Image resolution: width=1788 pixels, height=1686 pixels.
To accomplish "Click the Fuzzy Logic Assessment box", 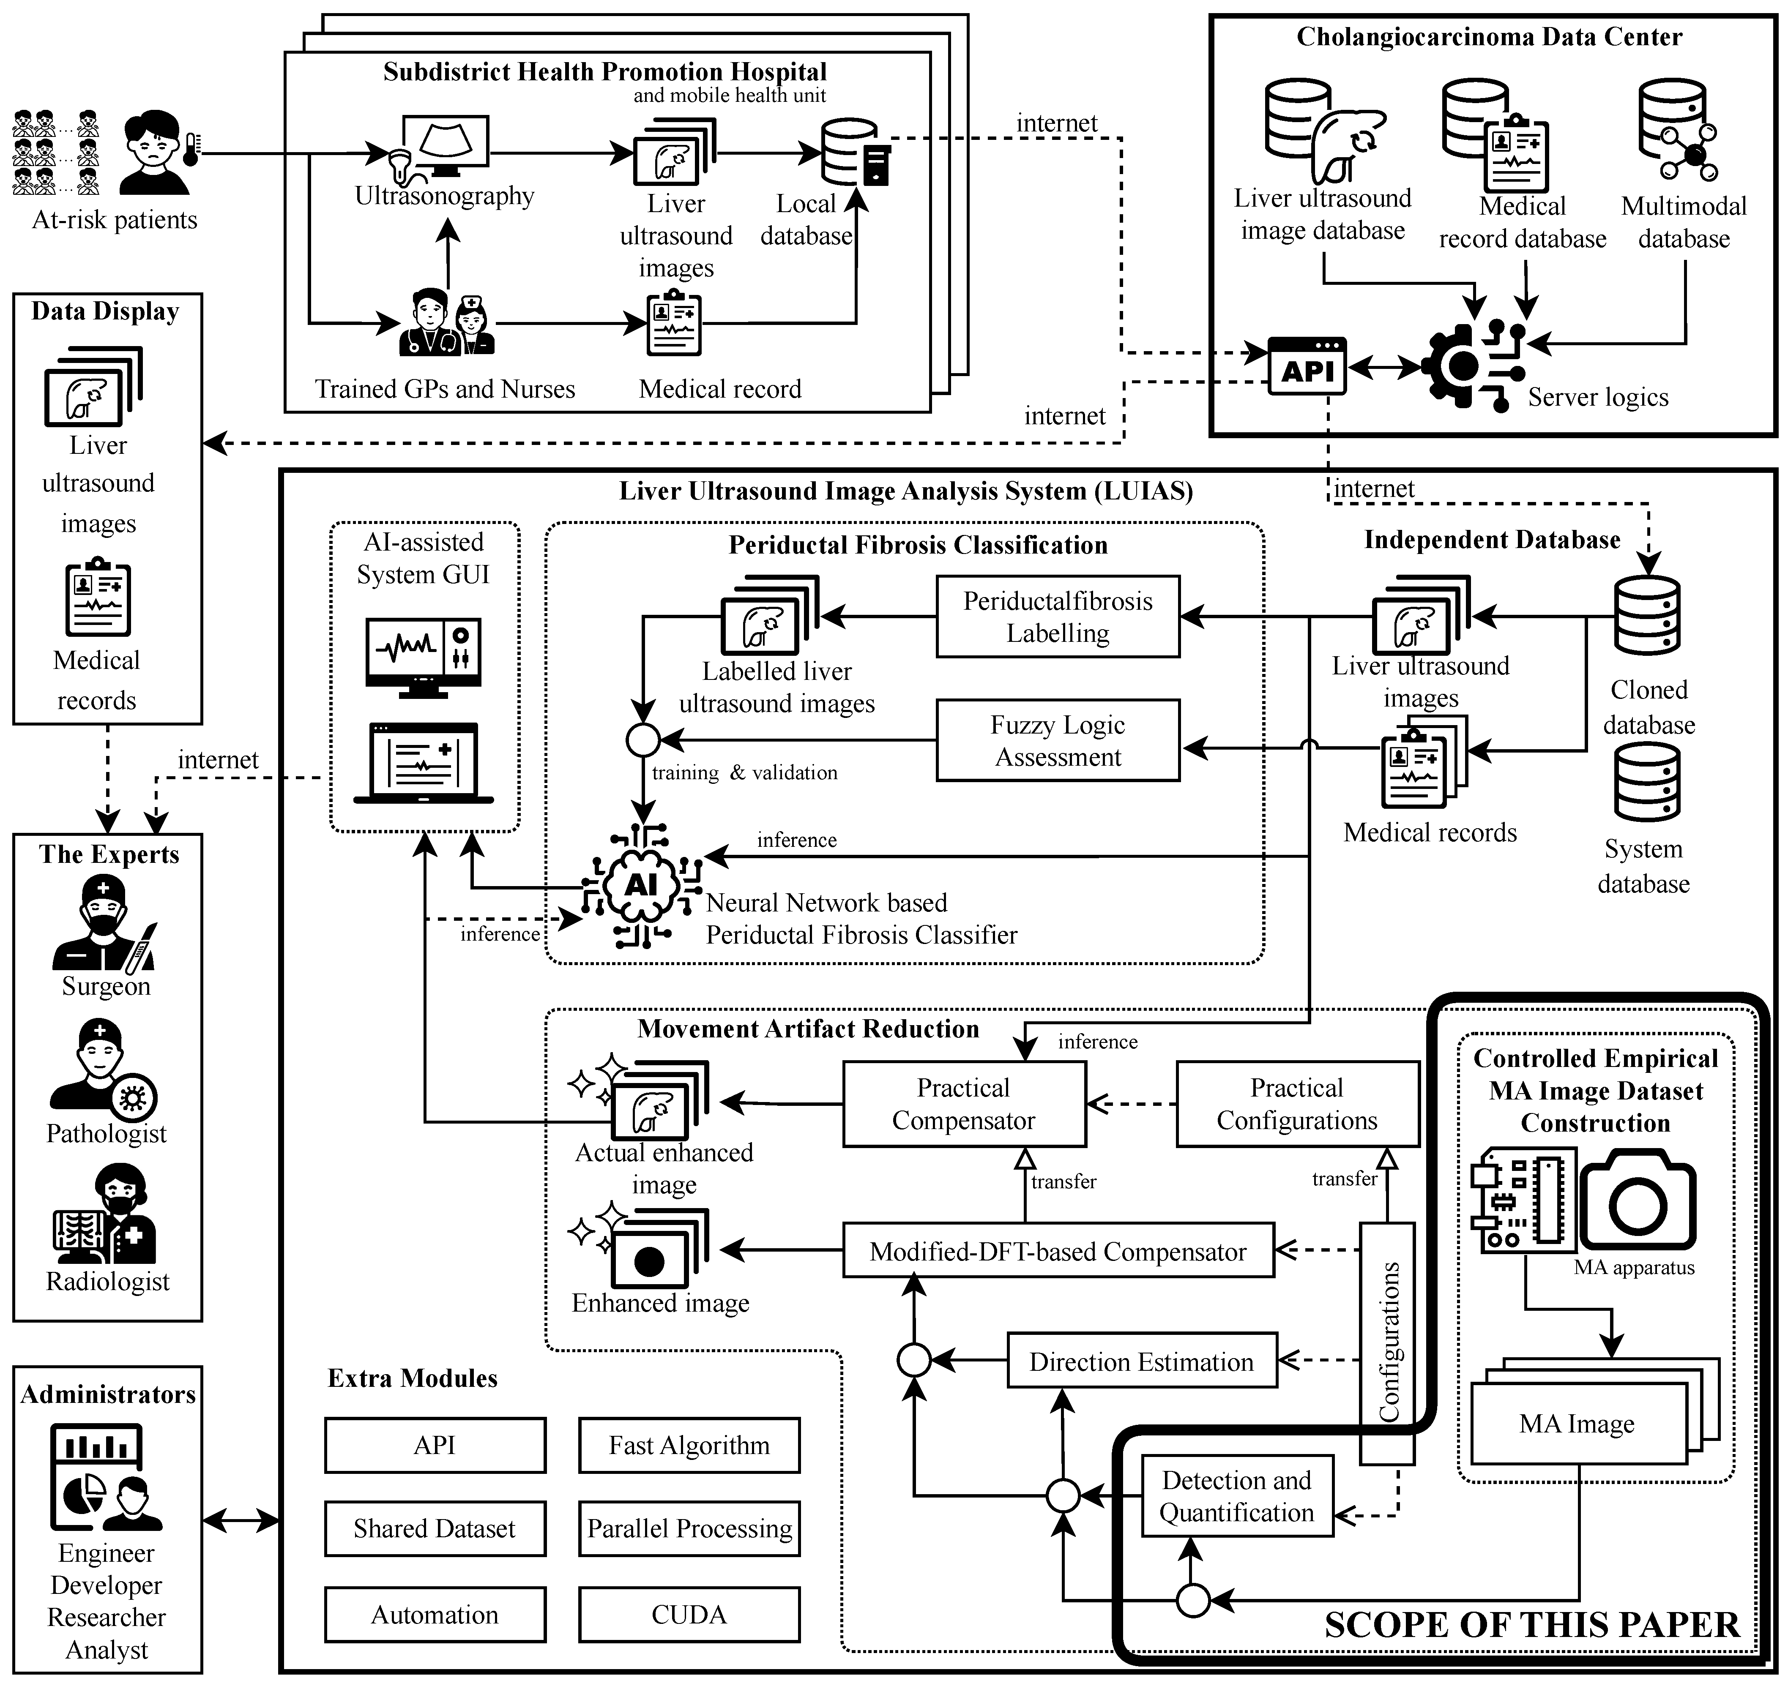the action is [1058, 740].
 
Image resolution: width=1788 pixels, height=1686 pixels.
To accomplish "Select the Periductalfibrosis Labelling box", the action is [1058, 617].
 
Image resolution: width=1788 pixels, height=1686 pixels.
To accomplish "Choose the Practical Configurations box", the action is [1298, 1104].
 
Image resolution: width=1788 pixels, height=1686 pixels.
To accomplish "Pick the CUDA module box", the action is [689, 1615].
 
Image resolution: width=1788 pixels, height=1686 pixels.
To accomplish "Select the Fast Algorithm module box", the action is [689, 1445].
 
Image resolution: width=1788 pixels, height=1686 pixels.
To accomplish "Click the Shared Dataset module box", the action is [435, 1529].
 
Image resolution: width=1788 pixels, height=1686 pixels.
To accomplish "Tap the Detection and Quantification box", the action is [1237, 1496].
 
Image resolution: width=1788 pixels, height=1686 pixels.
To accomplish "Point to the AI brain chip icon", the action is [641, 886].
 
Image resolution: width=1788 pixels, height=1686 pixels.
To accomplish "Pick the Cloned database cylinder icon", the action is [1647, 616].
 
